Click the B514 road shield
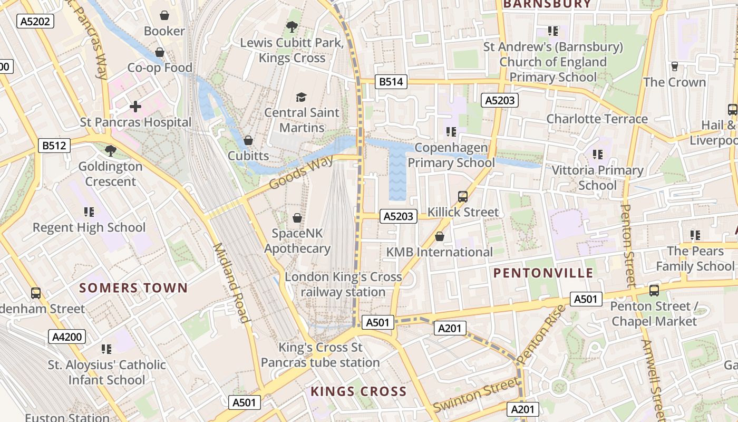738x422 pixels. (391, 81)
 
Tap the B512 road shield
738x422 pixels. (54, 145)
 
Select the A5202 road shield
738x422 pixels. (35, 21)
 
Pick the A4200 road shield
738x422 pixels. (67, 337)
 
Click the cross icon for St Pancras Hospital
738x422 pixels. (135, 107)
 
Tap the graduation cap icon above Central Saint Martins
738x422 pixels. (301, 97)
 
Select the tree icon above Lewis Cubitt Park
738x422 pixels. (292, 26)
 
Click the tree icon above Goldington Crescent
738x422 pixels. (110, 151)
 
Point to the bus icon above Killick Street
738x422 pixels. (463, 197)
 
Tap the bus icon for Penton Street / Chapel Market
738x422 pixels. (654, 290)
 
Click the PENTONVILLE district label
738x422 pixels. (543, 273)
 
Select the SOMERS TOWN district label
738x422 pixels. (133, 287)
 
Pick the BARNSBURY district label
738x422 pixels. (547, 4)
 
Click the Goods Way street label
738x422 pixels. (301, 172)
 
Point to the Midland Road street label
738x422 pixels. (231, 283)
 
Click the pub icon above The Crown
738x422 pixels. (674, 66)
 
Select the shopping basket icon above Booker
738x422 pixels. (164, 15)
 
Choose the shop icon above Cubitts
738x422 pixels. (248, 140)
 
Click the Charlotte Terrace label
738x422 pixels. (597, 119)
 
